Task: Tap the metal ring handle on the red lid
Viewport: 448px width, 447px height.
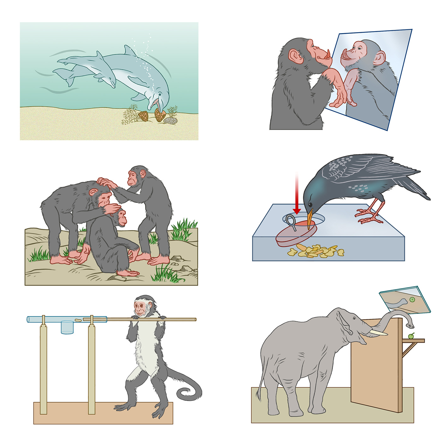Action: click(x=291, y=221)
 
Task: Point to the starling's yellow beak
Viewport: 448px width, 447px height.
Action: click(x=310, y=217)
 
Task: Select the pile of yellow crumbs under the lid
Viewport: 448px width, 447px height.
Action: click(x=315, y=251)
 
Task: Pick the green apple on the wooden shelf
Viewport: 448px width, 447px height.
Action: click(x=411, y=336)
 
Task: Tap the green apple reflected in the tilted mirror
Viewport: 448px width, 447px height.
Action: click(x=412, y=299)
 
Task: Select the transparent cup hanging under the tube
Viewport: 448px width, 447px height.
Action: click(x=67, y=327)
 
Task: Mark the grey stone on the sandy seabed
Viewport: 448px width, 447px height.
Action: click(x=171, y=120)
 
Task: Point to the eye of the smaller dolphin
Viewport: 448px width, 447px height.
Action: click(x=109, y=79)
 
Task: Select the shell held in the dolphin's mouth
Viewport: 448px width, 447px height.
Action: click(x=160, y=115)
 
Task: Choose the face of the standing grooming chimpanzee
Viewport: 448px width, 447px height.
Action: click(x=133, y=178)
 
